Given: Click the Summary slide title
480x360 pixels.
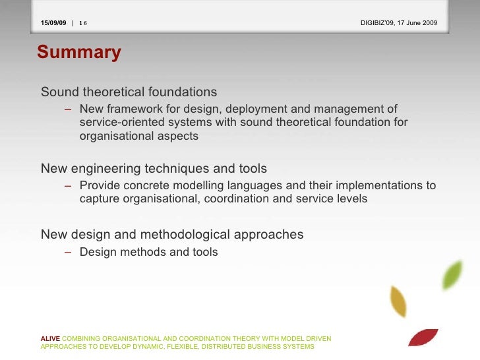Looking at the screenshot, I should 79,53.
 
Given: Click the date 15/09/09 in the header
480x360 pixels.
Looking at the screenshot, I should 53,23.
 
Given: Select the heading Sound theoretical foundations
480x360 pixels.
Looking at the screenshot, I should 129,92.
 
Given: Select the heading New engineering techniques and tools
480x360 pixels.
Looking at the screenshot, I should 154,169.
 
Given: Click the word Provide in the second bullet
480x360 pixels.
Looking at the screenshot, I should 99,185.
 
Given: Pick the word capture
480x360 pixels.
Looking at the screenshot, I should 100,199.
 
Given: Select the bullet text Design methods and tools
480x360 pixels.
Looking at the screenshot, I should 148,252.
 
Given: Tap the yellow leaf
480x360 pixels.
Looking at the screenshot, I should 398,302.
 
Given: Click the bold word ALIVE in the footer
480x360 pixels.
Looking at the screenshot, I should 50,339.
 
